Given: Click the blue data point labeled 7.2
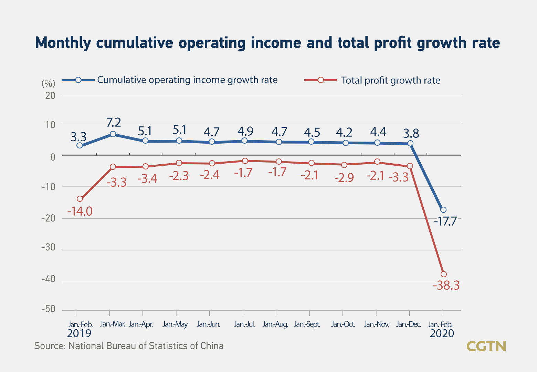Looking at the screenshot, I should click(x=113, y=134).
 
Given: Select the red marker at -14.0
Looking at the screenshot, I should click(x=80, y=199).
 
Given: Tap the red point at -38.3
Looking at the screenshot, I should click(x=444, y=274).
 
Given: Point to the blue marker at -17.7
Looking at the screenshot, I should click(x=443, y=210).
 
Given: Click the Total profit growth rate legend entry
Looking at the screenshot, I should click(x=390, y=81).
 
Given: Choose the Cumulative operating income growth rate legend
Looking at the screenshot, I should click(x=187, y=80).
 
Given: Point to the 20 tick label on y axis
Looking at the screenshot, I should click(x=50, y=96).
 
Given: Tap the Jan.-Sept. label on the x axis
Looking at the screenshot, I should click(x=307, y=324).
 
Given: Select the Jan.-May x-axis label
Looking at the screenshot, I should click(x=175, y=324).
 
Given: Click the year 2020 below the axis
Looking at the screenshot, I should click(x=442, y=334).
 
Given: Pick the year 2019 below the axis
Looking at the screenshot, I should click(x=79, y=334).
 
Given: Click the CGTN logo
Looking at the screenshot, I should click(x=486, y=346).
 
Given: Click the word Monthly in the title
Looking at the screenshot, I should click(x=63, y=43).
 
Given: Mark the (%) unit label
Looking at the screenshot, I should click(x=48, y=83).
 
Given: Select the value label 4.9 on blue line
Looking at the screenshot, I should click(x=245, y=131).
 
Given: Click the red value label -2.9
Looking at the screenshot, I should click(x=344, y=178).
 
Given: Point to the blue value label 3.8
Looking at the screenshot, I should click(x=411, y=133).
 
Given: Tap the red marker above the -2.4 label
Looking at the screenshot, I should click(x=212, y=163).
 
